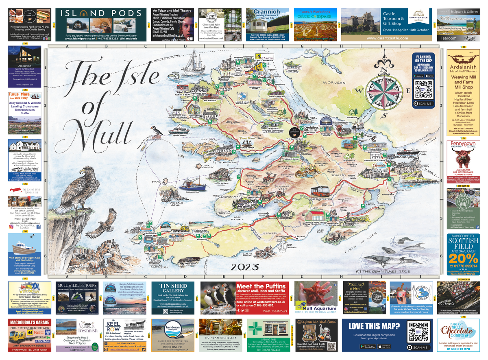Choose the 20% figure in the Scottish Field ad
pyautogui.click(x=462, y=259)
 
